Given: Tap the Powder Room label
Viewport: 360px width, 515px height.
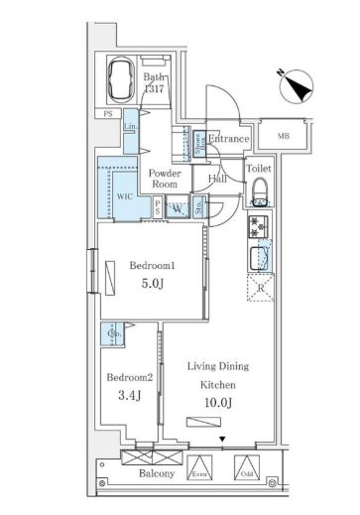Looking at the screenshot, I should tap(165, 178).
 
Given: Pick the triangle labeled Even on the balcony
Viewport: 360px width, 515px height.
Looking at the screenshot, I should tap(201, 467).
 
